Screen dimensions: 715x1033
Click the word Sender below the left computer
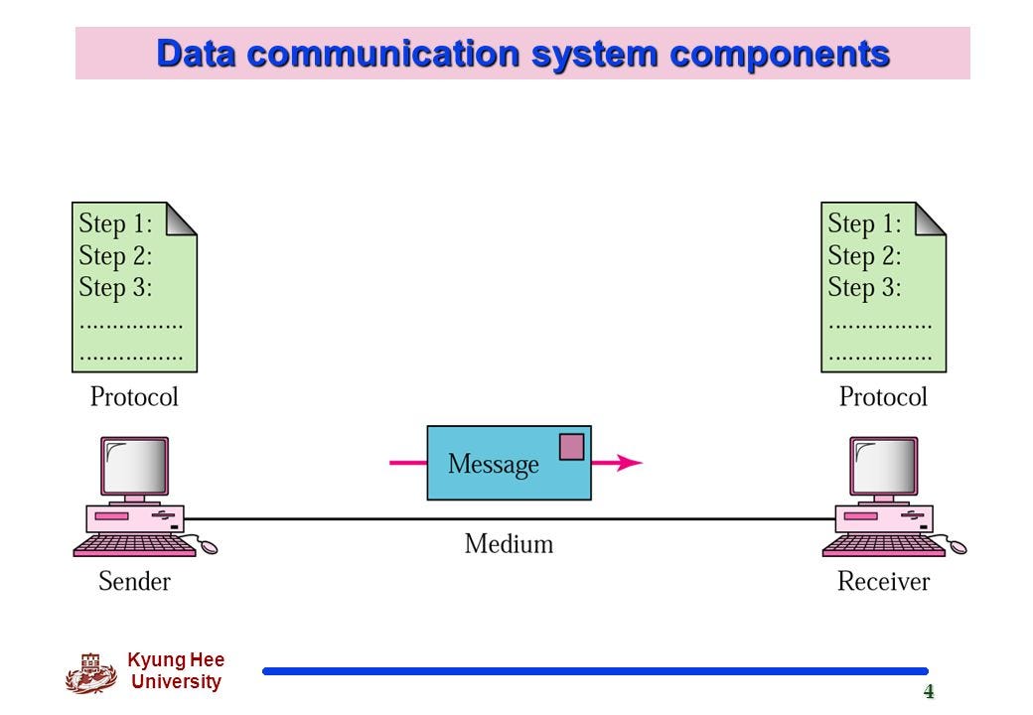tap(134, 581)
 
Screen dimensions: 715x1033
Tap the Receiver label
tap(883, 581)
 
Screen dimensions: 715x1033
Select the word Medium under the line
tap(509, 544)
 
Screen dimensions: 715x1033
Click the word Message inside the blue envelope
tap(493, 464)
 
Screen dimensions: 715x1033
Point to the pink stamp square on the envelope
tap(571, 447)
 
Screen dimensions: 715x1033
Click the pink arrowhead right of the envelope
tap(630, 462)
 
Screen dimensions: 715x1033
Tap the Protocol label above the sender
tap(134, 397)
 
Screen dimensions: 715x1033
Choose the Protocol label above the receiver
tap(883, 397)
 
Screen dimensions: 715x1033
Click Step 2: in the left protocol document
tap(115, 256)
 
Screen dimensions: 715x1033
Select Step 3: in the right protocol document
tap(864, 288)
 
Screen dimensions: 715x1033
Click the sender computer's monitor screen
tap(135, 467)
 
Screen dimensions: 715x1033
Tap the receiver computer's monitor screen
tap(884, 467)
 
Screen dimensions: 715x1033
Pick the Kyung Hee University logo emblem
tap(90, 672)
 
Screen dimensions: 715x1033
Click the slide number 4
tap(929, 692)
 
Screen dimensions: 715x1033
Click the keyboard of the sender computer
tap(134, 545)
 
